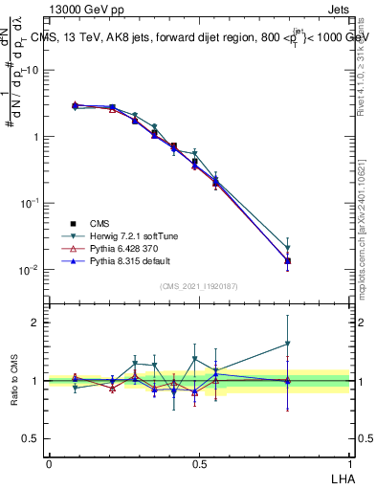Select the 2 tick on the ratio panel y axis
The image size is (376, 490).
point(35,323)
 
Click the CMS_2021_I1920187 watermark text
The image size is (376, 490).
point(199,285)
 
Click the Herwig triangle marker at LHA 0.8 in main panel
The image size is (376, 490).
point(288,249)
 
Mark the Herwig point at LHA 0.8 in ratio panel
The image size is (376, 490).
point(288,344)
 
